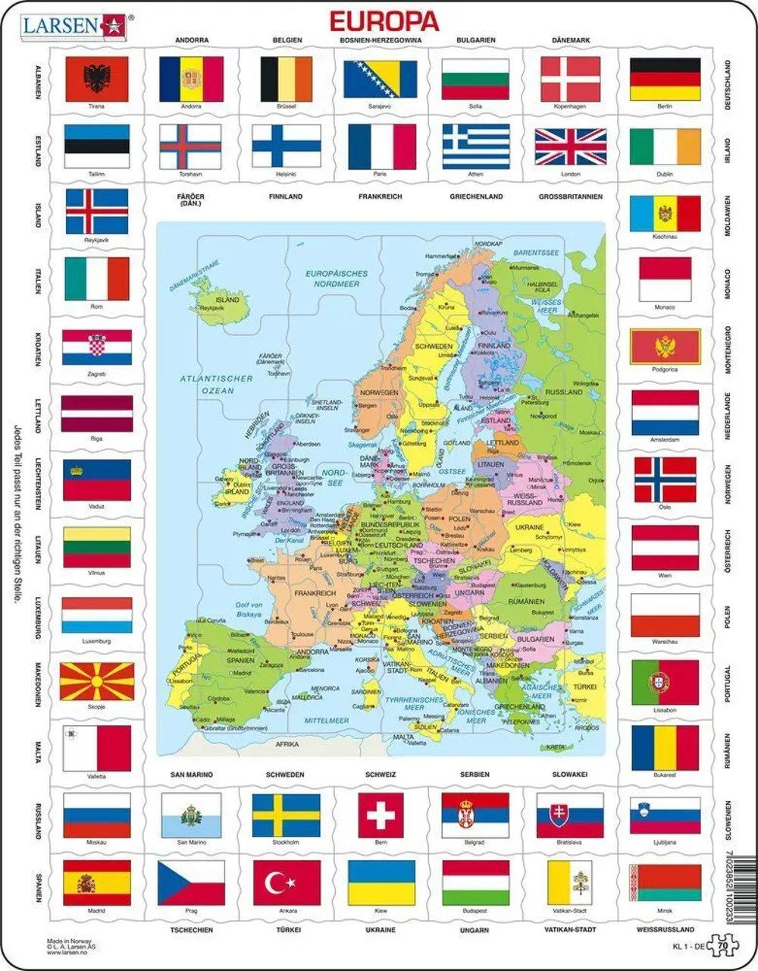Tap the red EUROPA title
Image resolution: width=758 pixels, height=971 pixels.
pyautogui.click(x=384, y=20)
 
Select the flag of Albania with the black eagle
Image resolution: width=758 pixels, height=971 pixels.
pyautogui.click(x=96, y=78)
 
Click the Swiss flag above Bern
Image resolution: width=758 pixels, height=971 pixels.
pyautogui.click(x=381, y=815)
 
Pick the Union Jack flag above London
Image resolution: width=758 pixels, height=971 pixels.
pyautogui.click(x=570, y=146)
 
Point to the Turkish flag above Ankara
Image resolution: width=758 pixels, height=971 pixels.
pyautogui.click(x=287, y=882)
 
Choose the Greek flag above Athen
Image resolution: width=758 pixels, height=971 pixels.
pyautogui.click(x=476, y=146)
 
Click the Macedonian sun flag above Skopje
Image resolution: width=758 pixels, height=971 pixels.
pyautogui.click(x=96, y=681)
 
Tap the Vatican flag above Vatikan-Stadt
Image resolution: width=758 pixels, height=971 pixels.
pyautogui.click(x=570, y=882)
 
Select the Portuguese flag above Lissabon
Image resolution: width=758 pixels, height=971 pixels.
pyautogui.click(x=665, y=681)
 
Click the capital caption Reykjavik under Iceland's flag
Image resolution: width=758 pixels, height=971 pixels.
pyautogui.click(x=96, y=240)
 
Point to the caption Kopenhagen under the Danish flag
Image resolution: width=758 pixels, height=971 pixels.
pyautogui.click(x=570, y=106)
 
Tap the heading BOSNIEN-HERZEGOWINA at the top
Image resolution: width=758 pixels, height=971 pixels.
pyautogui.click(x=381, y=39)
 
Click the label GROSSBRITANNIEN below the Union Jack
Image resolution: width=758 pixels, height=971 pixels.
pyautogui.click(x=570, y=196)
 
